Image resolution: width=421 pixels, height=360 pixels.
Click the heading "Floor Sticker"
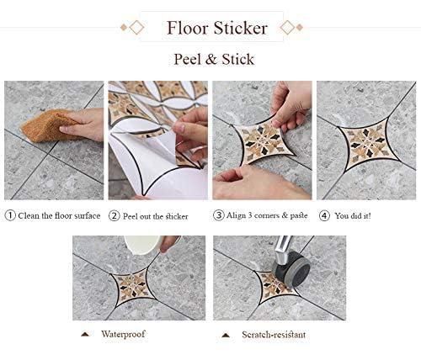coord(216,28)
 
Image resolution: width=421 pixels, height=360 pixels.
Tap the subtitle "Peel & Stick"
coord(214,59)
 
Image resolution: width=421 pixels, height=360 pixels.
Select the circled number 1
coord(10,215)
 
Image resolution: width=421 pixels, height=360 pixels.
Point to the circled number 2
coord(115,215)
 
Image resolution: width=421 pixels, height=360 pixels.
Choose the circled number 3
coord(219,215)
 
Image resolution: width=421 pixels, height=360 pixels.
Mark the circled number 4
coord(323,215)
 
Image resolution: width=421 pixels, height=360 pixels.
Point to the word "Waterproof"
coord(123,334)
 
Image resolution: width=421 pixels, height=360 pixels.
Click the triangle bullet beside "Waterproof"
coord(85,335)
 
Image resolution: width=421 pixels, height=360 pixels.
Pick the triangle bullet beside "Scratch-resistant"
coord(225,335)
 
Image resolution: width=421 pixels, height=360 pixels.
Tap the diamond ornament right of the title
coord(287,28)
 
